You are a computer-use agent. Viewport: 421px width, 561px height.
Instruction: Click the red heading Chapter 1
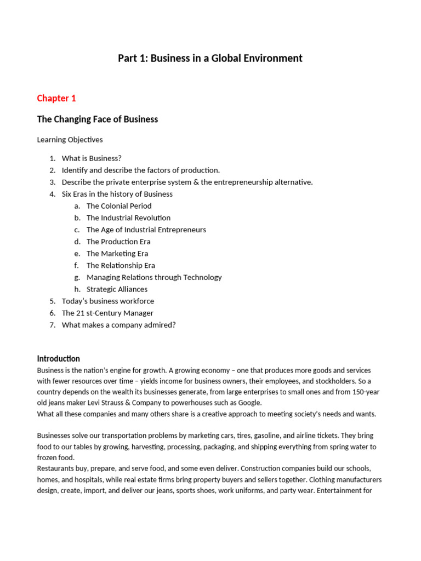[x=56, y=99]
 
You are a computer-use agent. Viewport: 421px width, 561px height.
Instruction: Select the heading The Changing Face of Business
[x=98, y=119]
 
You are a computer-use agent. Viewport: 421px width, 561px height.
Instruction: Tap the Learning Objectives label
[x=70, y=140]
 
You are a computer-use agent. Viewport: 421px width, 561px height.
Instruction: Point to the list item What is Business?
[x=92, y=158]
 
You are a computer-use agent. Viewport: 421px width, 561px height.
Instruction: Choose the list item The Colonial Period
[x=119, y=206]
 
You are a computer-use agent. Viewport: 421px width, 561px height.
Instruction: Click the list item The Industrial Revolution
[x=128, y=218]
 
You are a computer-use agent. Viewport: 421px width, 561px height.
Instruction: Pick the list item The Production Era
[x=118, y=242]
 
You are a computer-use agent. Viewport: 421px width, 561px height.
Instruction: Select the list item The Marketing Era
[x=117, y=254]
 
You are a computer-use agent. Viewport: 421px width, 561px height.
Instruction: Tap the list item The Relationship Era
[x=121, y=266]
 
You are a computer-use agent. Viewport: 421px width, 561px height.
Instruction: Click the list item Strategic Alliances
[x=117, y=289]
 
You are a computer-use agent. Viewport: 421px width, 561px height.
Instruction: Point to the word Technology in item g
[x=202, y=277]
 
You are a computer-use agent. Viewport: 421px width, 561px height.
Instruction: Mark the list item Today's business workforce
[x=108, y=301]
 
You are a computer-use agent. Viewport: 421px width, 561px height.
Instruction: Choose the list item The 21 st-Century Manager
[x=107, y=313]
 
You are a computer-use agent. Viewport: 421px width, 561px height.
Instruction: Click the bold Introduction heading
[x=59, y=359]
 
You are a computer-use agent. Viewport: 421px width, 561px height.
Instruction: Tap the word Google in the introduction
[x=250, y=403]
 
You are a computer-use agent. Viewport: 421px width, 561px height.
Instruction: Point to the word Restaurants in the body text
[x=56, y=469]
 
